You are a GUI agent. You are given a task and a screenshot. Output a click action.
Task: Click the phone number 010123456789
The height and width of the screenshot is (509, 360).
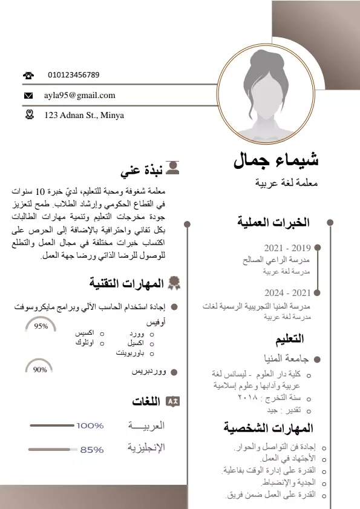(74, 75)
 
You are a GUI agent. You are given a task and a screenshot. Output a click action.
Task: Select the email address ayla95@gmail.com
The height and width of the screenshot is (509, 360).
(79, 95)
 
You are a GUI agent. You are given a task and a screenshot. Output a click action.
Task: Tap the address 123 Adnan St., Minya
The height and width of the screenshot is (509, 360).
(84, 115)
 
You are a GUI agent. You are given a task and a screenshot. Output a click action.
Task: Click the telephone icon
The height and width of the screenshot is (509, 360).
(28, 76)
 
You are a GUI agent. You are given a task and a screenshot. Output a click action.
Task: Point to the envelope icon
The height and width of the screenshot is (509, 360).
(28, 96)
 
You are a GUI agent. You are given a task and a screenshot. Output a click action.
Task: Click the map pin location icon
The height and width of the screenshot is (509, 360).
(29, 114)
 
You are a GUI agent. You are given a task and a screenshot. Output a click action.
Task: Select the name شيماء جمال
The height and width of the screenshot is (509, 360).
(276, 160)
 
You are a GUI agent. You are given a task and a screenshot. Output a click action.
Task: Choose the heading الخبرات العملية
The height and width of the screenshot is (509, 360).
(273, 223)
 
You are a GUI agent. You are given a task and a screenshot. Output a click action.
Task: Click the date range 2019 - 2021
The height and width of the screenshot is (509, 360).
(287, 248)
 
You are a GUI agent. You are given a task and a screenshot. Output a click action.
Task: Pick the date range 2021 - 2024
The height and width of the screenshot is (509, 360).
(287, 293)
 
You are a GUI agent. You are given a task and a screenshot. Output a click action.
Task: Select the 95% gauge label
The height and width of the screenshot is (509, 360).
(41, 326)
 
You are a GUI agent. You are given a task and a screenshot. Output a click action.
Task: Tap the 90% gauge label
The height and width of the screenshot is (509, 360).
(40, 369)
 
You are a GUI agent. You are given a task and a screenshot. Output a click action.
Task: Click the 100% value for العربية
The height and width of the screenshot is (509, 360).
(90, 425)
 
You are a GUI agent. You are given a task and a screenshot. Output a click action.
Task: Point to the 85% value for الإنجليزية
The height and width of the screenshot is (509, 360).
(92, 450)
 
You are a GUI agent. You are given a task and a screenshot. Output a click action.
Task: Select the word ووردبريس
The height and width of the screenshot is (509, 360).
(149, 372)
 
